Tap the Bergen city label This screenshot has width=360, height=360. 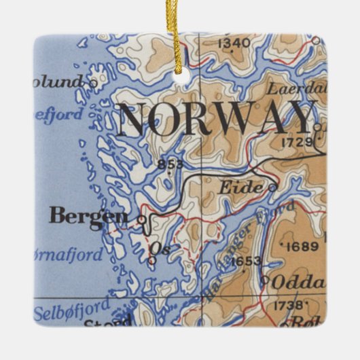point(88,217)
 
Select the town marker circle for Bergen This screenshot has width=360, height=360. point(141,219)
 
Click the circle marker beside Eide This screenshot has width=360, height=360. point(272,187)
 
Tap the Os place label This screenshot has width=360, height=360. point(162,249)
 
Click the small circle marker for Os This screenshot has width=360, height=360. point(152,259)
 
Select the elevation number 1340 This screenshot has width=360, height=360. point(234,43)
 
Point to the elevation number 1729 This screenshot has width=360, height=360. point(296,142)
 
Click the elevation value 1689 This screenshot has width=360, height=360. point(302,246)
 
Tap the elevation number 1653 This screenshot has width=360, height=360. point(245,261)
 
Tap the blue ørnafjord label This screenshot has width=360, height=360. point(69,256)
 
